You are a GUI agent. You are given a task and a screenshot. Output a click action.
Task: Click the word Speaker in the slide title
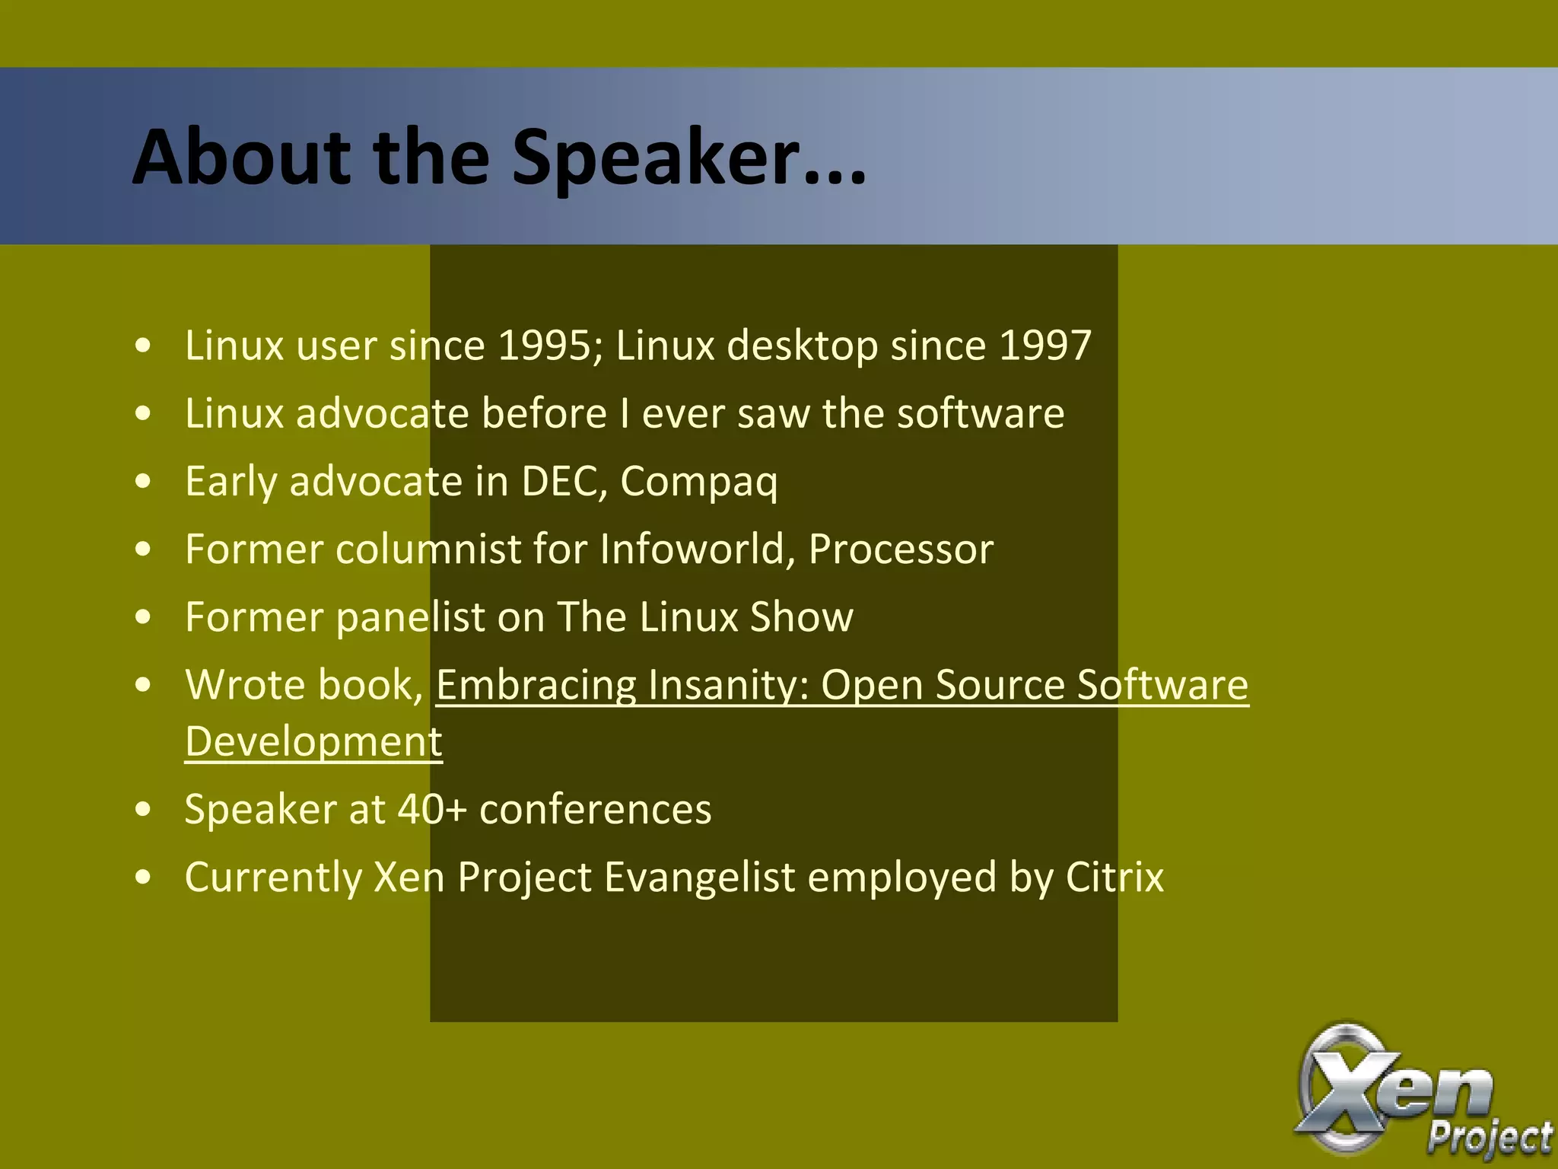[x=656, y=158]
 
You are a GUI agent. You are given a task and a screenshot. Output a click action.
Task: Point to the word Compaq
[x=699, y=483]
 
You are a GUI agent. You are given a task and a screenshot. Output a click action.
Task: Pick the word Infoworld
[x=692, y=549]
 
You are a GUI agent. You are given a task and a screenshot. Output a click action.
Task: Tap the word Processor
[x=901, y=549]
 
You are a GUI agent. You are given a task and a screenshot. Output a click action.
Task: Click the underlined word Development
[x=313, y=741]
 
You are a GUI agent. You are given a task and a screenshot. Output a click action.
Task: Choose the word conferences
[x=596, y=809]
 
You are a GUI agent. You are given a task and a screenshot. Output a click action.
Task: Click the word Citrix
[x=1114, y=877]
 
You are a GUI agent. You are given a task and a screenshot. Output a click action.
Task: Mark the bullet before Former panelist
[x=143, y=617]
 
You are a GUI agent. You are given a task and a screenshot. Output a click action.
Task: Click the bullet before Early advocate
[x=143, y=482]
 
